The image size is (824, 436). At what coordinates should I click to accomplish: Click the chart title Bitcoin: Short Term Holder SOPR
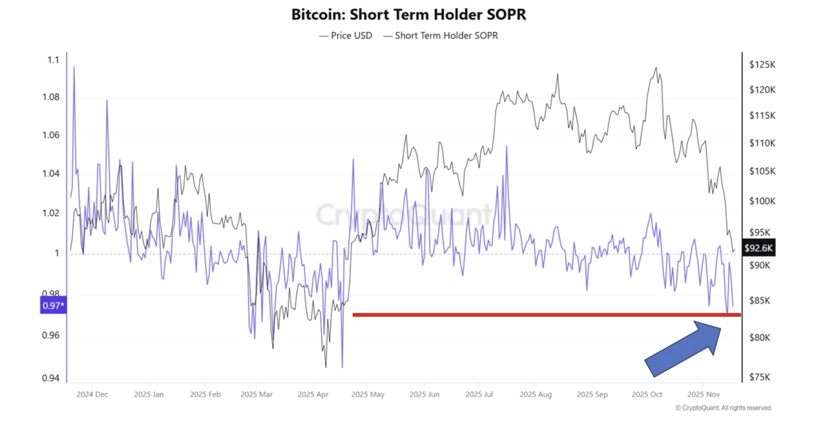coord(408,15)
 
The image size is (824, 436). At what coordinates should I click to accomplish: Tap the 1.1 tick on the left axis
coord(53,60)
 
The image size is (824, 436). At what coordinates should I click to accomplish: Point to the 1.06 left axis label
coord(51,135)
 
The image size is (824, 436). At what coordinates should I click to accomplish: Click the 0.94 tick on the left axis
coord(51,378)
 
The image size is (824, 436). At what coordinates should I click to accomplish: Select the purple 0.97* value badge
coord(53,305)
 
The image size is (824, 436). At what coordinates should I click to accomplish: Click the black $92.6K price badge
coord(758,248)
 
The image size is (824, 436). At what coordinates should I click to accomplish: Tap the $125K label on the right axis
coord(762,65)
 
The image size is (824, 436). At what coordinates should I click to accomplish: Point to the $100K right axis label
coord(762,201)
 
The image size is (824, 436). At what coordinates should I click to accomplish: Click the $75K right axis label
coord(760,377)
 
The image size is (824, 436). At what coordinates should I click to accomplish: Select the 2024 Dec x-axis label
coord(92,394)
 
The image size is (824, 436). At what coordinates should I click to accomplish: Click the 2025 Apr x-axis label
coord(313,394)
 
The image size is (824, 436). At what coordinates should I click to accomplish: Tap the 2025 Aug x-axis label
coord(536,394)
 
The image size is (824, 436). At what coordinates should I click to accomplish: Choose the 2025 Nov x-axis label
coord(703,394)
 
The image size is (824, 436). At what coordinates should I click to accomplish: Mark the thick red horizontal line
coord(544,315)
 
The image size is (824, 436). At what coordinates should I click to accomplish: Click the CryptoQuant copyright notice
coord(723,407)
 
